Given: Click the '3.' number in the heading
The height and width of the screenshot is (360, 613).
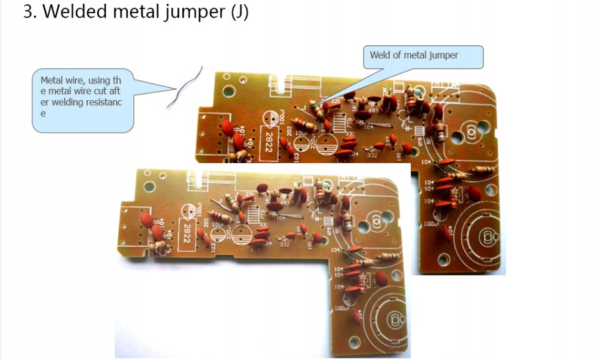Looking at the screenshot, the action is [30, 12].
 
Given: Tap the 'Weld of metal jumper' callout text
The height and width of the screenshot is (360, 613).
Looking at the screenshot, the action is [414, 55].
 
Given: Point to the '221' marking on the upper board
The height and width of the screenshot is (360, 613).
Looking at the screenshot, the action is [335, 101].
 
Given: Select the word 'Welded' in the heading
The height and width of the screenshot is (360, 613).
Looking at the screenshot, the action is [77, 12].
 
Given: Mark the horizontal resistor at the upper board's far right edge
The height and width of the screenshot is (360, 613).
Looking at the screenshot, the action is [484, 169].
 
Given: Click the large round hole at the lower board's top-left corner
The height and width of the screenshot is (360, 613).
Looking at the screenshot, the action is [147, 186].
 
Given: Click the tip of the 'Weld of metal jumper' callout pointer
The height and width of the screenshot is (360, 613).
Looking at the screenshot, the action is [312, 106].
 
